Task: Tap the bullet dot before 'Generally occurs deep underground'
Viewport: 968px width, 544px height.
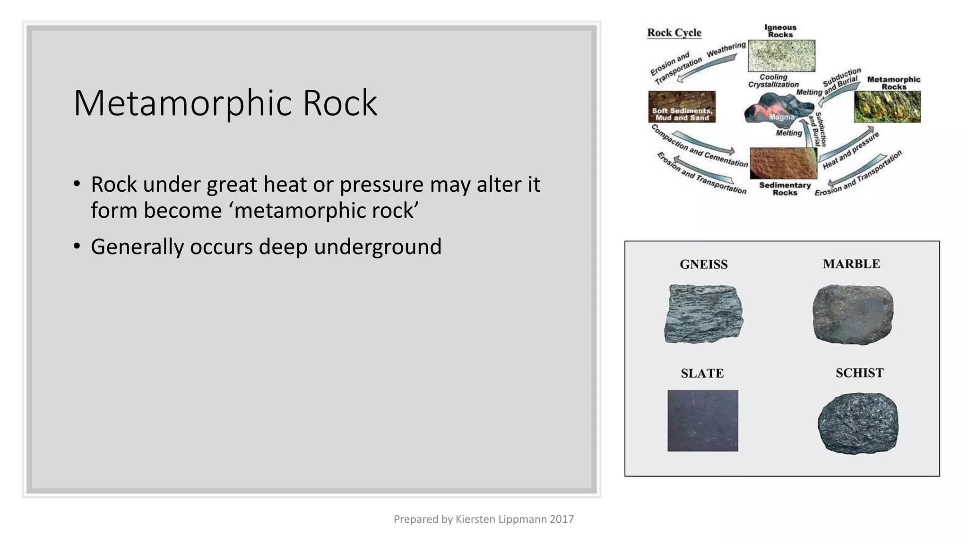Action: coord(77,246)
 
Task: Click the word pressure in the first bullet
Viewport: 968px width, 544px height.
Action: coord(381,184)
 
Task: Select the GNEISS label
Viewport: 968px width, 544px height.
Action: coord(703,264)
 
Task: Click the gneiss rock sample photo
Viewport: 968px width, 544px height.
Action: coord(703,314)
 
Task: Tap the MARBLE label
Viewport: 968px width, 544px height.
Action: coord(851,264)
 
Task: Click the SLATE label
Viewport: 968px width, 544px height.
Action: coord(702,374)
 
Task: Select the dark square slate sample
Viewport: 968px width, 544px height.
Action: coord(702,420)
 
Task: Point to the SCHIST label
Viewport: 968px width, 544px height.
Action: coord(859,373)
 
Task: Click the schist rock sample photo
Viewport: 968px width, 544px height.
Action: coord(858,423)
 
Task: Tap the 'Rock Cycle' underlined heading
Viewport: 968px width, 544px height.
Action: coord(674,33)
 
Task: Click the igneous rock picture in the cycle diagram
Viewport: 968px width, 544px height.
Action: coord(781,55)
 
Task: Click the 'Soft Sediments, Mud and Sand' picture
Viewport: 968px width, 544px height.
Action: coord(682,107)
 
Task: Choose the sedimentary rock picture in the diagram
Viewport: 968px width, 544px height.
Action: coord(783,163)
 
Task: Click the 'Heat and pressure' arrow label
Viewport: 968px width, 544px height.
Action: coord(850,151)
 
